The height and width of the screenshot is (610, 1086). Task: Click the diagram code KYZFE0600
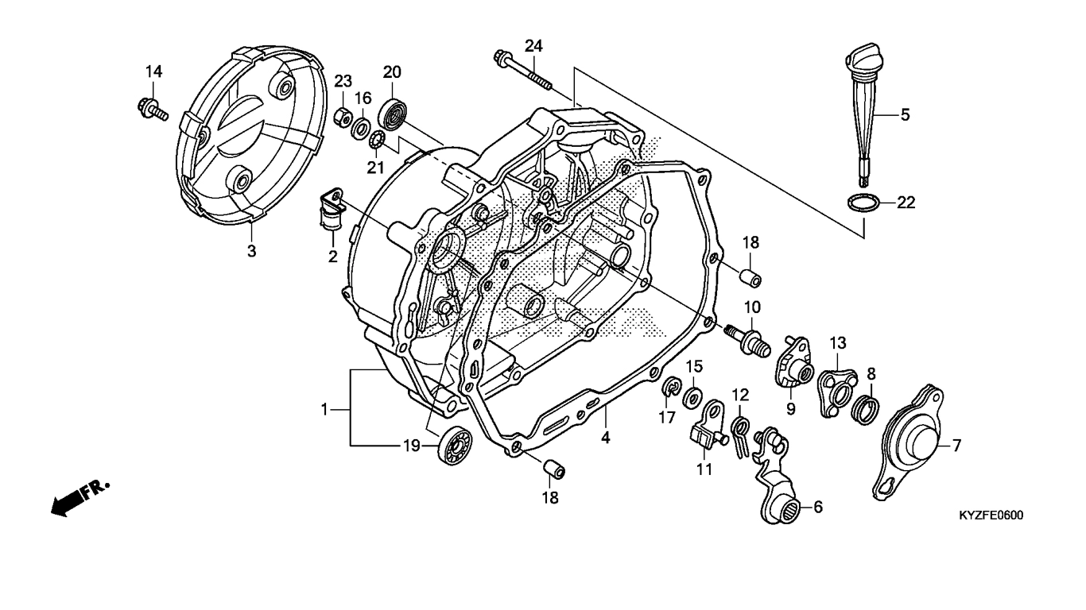(x=991, y=515)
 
